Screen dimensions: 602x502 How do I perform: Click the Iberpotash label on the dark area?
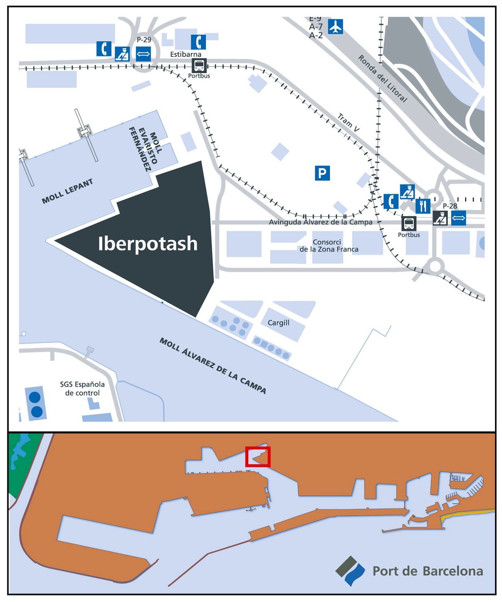[148, 244]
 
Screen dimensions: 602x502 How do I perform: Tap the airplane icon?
[336, 27]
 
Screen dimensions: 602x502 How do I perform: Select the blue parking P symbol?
[322, 173]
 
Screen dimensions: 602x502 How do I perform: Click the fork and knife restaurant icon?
[423, 206]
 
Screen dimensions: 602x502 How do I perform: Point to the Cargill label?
[278, 323]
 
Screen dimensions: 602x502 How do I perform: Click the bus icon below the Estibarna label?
[199, 66]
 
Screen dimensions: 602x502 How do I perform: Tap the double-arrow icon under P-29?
[143, 54]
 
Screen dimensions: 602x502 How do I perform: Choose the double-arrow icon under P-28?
[458, 218]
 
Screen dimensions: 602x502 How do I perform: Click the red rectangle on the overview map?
[258, 457]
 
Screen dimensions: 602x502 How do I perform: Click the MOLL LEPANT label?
[68, 191]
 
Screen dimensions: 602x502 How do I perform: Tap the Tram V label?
[348, 123]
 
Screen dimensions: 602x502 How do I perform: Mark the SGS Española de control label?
[82, 389]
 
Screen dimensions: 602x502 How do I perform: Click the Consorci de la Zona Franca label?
[329, 246]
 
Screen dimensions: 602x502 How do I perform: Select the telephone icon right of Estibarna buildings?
[198, 42]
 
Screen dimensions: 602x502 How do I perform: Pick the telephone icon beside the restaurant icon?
[391, 201]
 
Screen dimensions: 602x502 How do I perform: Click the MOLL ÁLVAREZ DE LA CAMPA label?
[213, 366]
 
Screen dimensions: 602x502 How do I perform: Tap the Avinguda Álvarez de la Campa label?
[321, 222]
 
